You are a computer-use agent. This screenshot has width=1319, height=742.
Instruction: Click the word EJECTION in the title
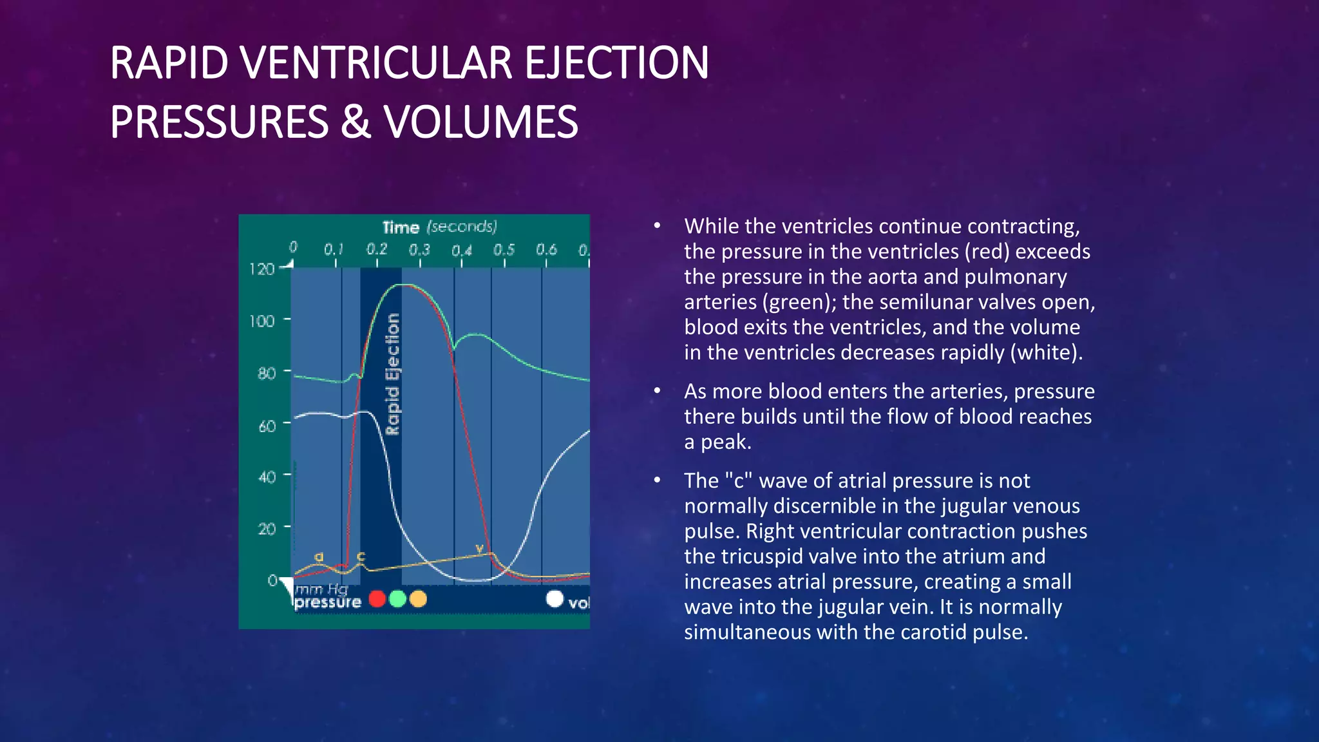tap(616, 63)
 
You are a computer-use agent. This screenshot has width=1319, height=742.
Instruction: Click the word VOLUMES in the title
tap(480, 122)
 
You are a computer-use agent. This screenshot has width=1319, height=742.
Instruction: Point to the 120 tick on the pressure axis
tap(262, 269)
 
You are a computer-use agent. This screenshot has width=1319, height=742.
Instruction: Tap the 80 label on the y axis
tap(266, 374)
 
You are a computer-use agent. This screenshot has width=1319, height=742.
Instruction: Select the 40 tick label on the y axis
tap(267, 477)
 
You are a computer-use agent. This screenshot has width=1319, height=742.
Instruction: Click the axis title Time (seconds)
tap(439, 227)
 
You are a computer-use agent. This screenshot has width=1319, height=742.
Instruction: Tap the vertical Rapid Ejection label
tap(392, 374)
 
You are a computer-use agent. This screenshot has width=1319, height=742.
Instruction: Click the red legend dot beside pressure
tap(377, 599)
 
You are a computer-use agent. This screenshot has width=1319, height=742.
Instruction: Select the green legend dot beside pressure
tap(398, 599)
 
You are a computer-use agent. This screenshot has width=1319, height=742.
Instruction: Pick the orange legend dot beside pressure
tap(418, 599)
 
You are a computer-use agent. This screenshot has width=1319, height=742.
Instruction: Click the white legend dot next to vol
tap(555, 599)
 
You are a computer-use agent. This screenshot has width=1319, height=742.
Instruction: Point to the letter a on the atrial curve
tap(318, 556)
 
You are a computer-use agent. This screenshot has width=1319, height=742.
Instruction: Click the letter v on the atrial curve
tap(479, 548)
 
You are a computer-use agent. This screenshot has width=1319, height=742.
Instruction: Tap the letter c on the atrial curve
tap(361, 555)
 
